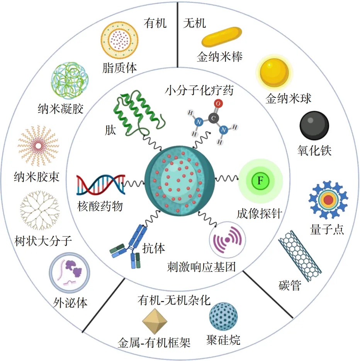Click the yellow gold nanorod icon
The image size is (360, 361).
(x=222, y=37)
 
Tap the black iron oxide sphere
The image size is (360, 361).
(x=314, y=126)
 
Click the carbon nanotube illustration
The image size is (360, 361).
(x=300, y=256)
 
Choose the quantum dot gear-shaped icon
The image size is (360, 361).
(x=328, y=199)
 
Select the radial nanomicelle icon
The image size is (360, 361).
(x=39, y=145)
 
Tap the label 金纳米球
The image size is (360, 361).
(x=289, y=98)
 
